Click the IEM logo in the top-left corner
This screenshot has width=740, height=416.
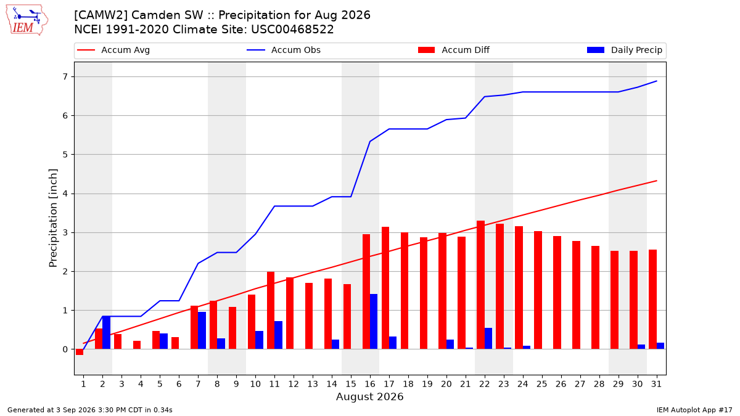pos(27,20)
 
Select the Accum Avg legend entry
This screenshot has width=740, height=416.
pos(113,50)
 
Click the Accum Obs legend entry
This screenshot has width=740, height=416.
pos(284,50)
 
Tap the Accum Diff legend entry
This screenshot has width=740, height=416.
pos(454,50)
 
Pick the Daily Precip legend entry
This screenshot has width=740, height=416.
pos(625,50)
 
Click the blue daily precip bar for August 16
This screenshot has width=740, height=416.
pos(374,322)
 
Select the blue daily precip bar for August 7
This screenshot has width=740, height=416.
pos(202,330)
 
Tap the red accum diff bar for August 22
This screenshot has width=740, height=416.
pos(480,285)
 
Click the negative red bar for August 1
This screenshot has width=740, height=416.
pos(80,352)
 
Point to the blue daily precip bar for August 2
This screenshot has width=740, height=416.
pos(106,332)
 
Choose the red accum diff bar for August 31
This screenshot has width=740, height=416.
pos(652,300)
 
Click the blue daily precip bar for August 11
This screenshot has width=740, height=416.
pos(278,335)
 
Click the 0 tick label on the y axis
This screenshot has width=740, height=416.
pos(65,349)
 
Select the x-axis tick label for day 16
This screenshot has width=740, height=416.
pos(370,384)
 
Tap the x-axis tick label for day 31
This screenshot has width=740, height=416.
pos(656,384)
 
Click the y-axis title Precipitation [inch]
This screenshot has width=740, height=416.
pos(53,218)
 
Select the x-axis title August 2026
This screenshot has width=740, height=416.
pos(370,396)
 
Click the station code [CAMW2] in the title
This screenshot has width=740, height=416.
pos(101,15)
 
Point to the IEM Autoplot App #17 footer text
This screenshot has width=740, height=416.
pos(694,410)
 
